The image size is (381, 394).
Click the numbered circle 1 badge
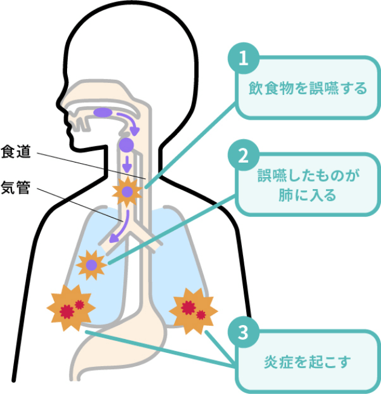pos(243,59)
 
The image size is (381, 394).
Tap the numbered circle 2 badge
pos(243,155)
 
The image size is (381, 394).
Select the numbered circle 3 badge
pos(243,332)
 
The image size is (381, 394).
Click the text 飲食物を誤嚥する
pos(308,89)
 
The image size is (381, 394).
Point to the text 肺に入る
pos(308,196)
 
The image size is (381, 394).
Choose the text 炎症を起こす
pos(307,364)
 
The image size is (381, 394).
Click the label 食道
pos(15,152)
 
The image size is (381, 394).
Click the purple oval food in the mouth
pos(103,112)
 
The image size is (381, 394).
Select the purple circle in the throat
pos(126,144)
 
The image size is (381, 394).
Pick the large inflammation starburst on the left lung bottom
pos(70,308)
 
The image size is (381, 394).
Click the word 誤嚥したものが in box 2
pos(308,177)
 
